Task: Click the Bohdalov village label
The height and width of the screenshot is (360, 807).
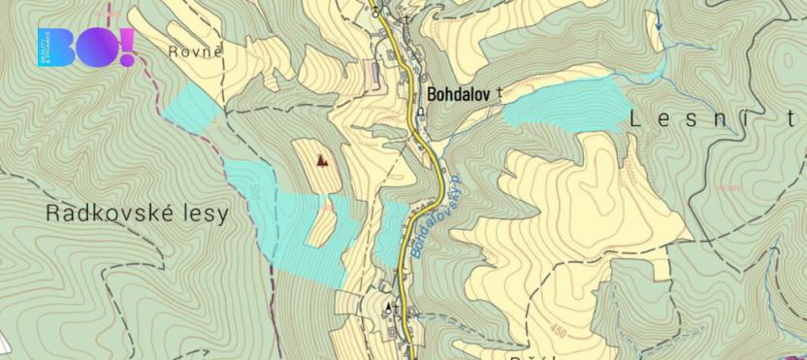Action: [459, 94]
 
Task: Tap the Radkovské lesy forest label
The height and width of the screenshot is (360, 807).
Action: [138, 213]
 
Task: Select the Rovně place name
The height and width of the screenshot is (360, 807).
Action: [195, 51]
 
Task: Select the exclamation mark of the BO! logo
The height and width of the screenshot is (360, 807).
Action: [127, 47]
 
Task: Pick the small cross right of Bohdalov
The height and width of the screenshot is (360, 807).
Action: [500, 91]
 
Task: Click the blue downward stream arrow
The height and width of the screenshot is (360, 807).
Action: [660, 23]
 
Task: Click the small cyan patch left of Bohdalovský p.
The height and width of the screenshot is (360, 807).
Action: [392, 233]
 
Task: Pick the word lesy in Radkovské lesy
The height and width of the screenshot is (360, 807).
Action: [199, 213]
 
